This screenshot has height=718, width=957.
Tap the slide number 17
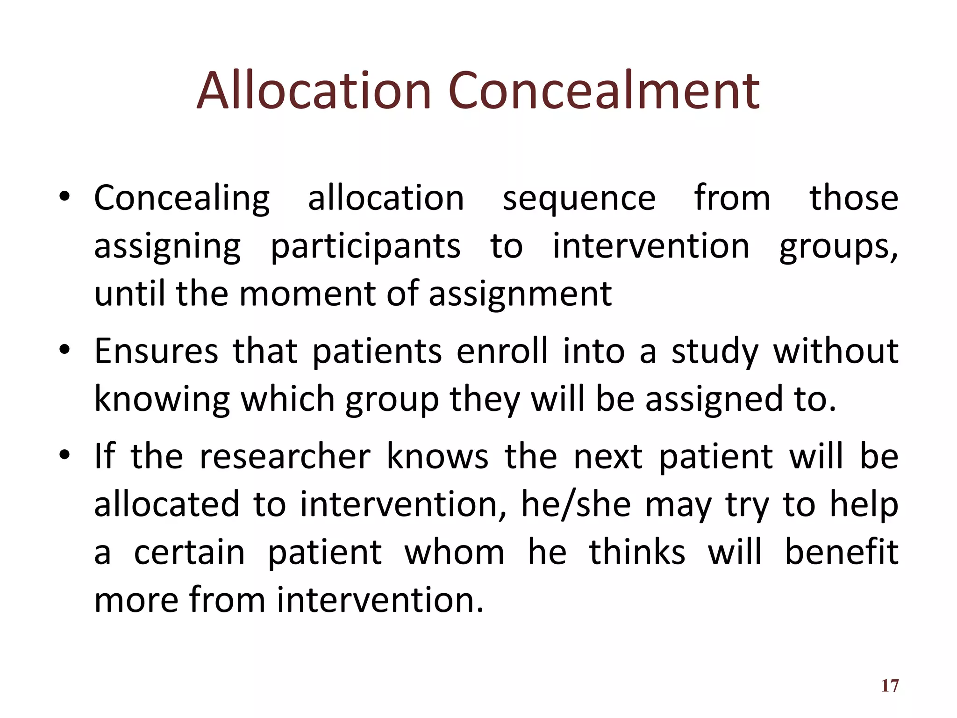(890, 686)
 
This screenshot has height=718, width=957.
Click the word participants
(365, 247)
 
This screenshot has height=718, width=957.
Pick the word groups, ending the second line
(838, 247)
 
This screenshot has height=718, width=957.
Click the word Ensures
(156, 351)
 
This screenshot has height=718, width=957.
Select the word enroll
(502, 351)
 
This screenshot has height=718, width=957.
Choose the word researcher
(285, 457)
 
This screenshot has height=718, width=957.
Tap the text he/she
(576, 505)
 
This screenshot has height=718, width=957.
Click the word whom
(454, 553)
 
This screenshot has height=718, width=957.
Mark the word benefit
(841, 553)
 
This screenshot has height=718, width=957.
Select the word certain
(189, 553)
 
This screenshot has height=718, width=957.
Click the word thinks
(637, 553)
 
